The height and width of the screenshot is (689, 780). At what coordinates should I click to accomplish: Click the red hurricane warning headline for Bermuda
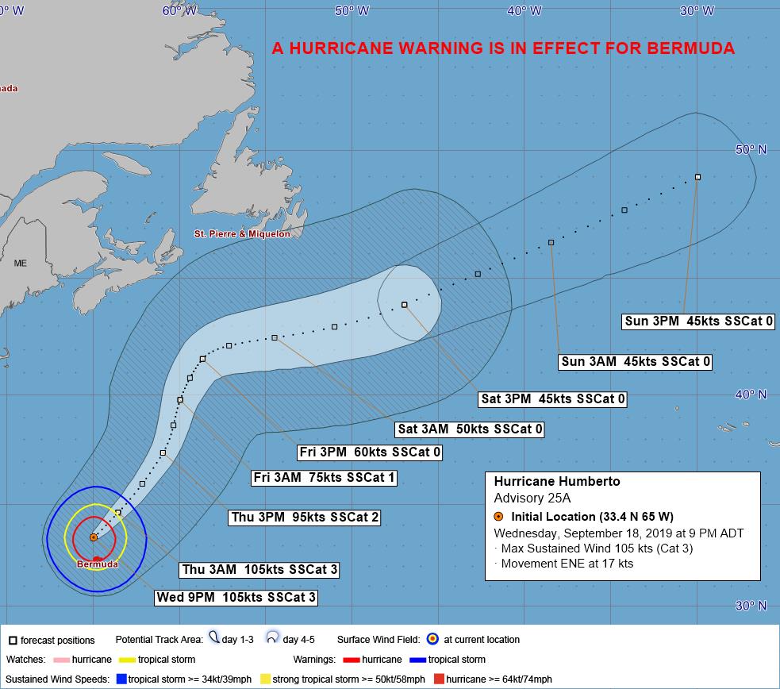pyautogui.click(x=503, y=48)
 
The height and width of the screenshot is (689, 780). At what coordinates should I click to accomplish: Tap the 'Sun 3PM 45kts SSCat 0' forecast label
pyautogui.click(x=698, y=321)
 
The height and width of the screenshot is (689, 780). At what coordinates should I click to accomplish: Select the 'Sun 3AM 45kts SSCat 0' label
pyautogui.click(x=635, y=362)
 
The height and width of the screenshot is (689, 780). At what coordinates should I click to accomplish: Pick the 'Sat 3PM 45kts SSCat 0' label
pyautogui.click(x=553, y=399)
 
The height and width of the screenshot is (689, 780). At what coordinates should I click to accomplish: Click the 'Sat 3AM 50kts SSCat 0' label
pyautogui.click(x=471, y=429)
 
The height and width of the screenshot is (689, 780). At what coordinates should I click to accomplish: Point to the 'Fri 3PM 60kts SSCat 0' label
pyautogui.click(x=369, y=452)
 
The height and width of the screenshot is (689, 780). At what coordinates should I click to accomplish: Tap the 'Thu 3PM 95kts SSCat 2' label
pyautogui.click(x=304, y=518)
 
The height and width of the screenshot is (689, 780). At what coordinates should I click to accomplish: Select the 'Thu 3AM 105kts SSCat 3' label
pyautogui.click(x=258, y=569)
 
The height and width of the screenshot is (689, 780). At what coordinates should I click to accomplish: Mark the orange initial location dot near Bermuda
pyautogui.click(x=94, y=537)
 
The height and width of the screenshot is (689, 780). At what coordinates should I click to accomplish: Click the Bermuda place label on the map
pyautogui.click(x=97, y=564)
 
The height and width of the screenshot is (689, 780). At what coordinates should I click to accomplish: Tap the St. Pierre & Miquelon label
pyautogui.click(x=242, y=234)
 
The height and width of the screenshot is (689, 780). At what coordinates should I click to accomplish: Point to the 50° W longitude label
pyautogui.click(x=352, y=10)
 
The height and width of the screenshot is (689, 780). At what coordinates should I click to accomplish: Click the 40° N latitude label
pyautogui.click(x=751, y=395)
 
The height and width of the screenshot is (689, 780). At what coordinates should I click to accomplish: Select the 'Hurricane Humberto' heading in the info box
pyautogui.click(x=556, y=482)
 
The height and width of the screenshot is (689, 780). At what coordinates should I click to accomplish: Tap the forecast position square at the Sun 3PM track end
pyautogui.click(x=697, y=177)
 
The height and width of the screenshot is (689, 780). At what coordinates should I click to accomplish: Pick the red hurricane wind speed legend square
pyautogui.click(x=438, y=679)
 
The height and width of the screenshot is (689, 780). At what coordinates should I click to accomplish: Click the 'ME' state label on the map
pyautogui.click(x=20, y=263)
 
